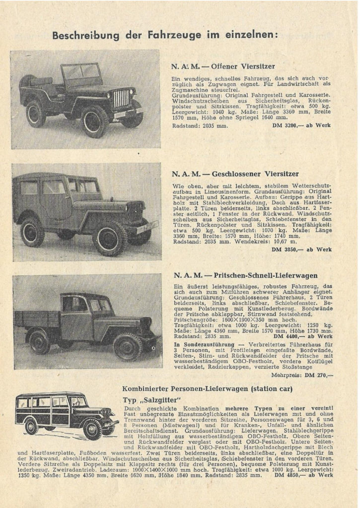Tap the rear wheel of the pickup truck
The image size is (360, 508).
40,341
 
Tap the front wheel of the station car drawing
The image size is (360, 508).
92,429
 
